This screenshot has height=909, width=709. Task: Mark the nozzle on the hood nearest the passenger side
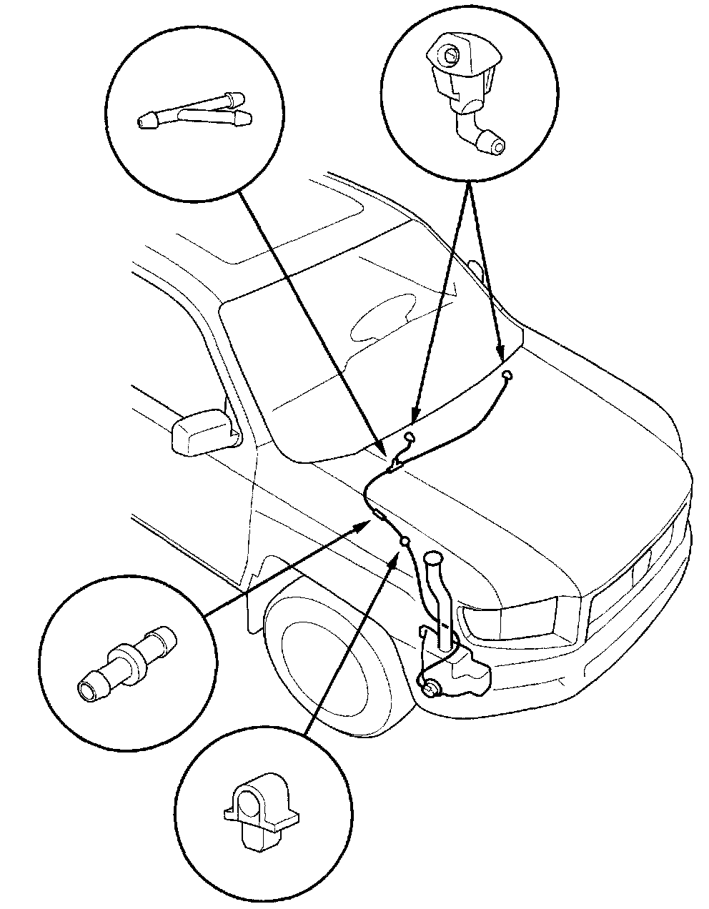pos(507,374)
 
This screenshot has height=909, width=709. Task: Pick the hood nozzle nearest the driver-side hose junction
pos(409,437)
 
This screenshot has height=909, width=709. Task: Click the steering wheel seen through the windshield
pos(382,318)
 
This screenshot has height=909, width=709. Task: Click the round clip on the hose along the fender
pos(405,542)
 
